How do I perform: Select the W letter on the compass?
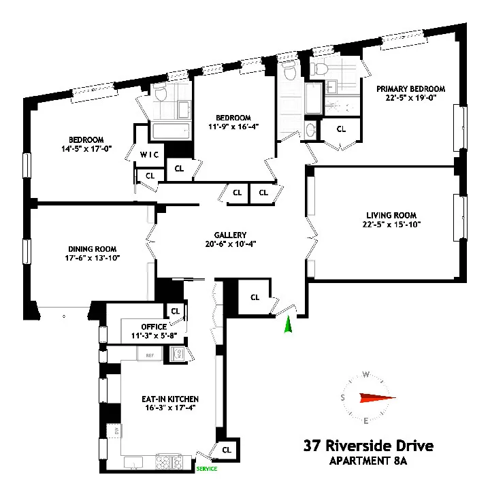coord(366,374)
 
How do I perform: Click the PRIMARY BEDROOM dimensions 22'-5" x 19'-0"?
coord(412,98)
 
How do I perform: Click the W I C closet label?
coord(150,154)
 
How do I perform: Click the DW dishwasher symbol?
coord(117,431)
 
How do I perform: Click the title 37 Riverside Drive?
coord(367,446)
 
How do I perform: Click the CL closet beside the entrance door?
coord(255,297)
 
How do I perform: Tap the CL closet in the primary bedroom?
coord(341,129)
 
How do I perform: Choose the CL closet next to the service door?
coord(227,450)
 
